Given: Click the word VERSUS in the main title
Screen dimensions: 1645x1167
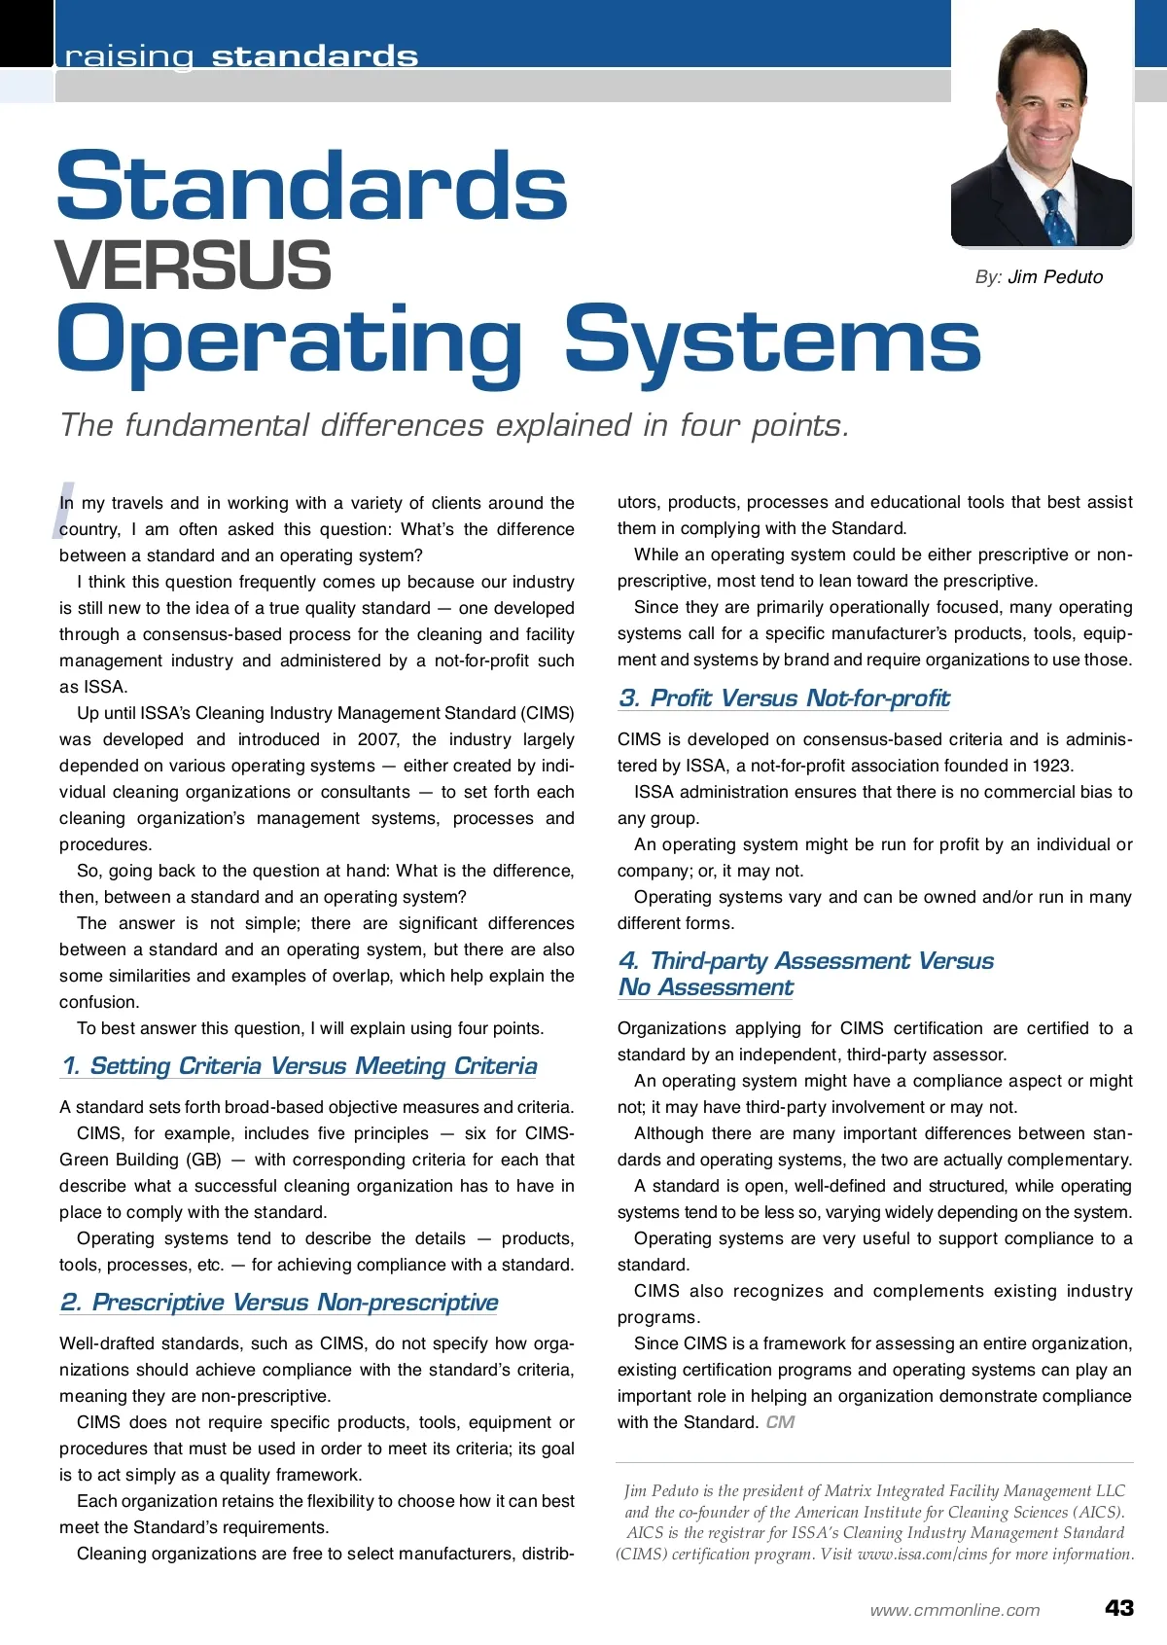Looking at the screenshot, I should pyautogui.click(x=194, y=266).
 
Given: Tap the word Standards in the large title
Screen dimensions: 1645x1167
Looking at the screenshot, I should pyautogui.click(x=312, y=186).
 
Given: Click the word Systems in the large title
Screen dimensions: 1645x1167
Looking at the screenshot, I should pyautogui.click(x=772, y=340).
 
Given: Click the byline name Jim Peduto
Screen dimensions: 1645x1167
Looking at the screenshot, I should pyautogui.click(x=1055, y=277).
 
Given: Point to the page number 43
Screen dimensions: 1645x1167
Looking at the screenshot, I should pyautogui.click(x=1119, y=1608).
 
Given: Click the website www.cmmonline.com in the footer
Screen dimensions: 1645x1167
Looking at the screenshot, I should pyautogui.click(x=955, y=1610).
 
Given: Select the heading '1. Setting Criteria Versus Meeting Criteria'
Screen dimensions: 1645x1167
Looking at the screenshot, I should pyautogui.click(x=300, y=1066).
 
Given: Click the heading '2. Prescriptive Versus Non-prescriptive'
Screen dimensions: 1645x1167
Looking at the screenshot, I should pyautogui.click(x=279, y=1303).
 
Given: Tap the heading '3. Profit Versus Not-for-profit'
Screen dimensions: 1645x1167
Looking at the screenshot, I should pyautogui.click(x=784, y=698).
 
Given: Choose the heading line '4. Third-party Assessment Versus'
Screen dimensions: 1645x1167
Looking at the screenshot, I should pyautogui.click(x=806, y=961).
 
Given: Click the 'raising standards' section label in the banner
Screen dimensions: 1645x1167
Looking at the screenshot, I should pyautogui.click(x=241, y=56).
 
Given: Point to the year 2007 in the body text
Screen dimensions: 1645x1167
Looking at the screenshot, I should pyautogui.click(x=377, y=739).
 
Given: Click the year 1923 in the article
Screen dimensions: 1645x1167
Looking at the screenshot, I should pyautogui.click(x=1052, y=766).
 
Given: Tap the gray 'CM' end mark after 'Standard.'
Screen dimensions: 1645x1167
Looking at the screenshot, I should pyautogui.click(x=780, y=1422).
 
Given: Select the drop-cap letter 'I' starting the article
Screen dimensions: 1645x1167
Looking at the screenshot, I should pyautogui.click(x=64, y=508).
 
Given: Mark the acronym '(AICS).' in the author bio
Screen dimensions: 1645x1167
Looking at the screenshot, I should pyautogui.click(x=1099, y=1512).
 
